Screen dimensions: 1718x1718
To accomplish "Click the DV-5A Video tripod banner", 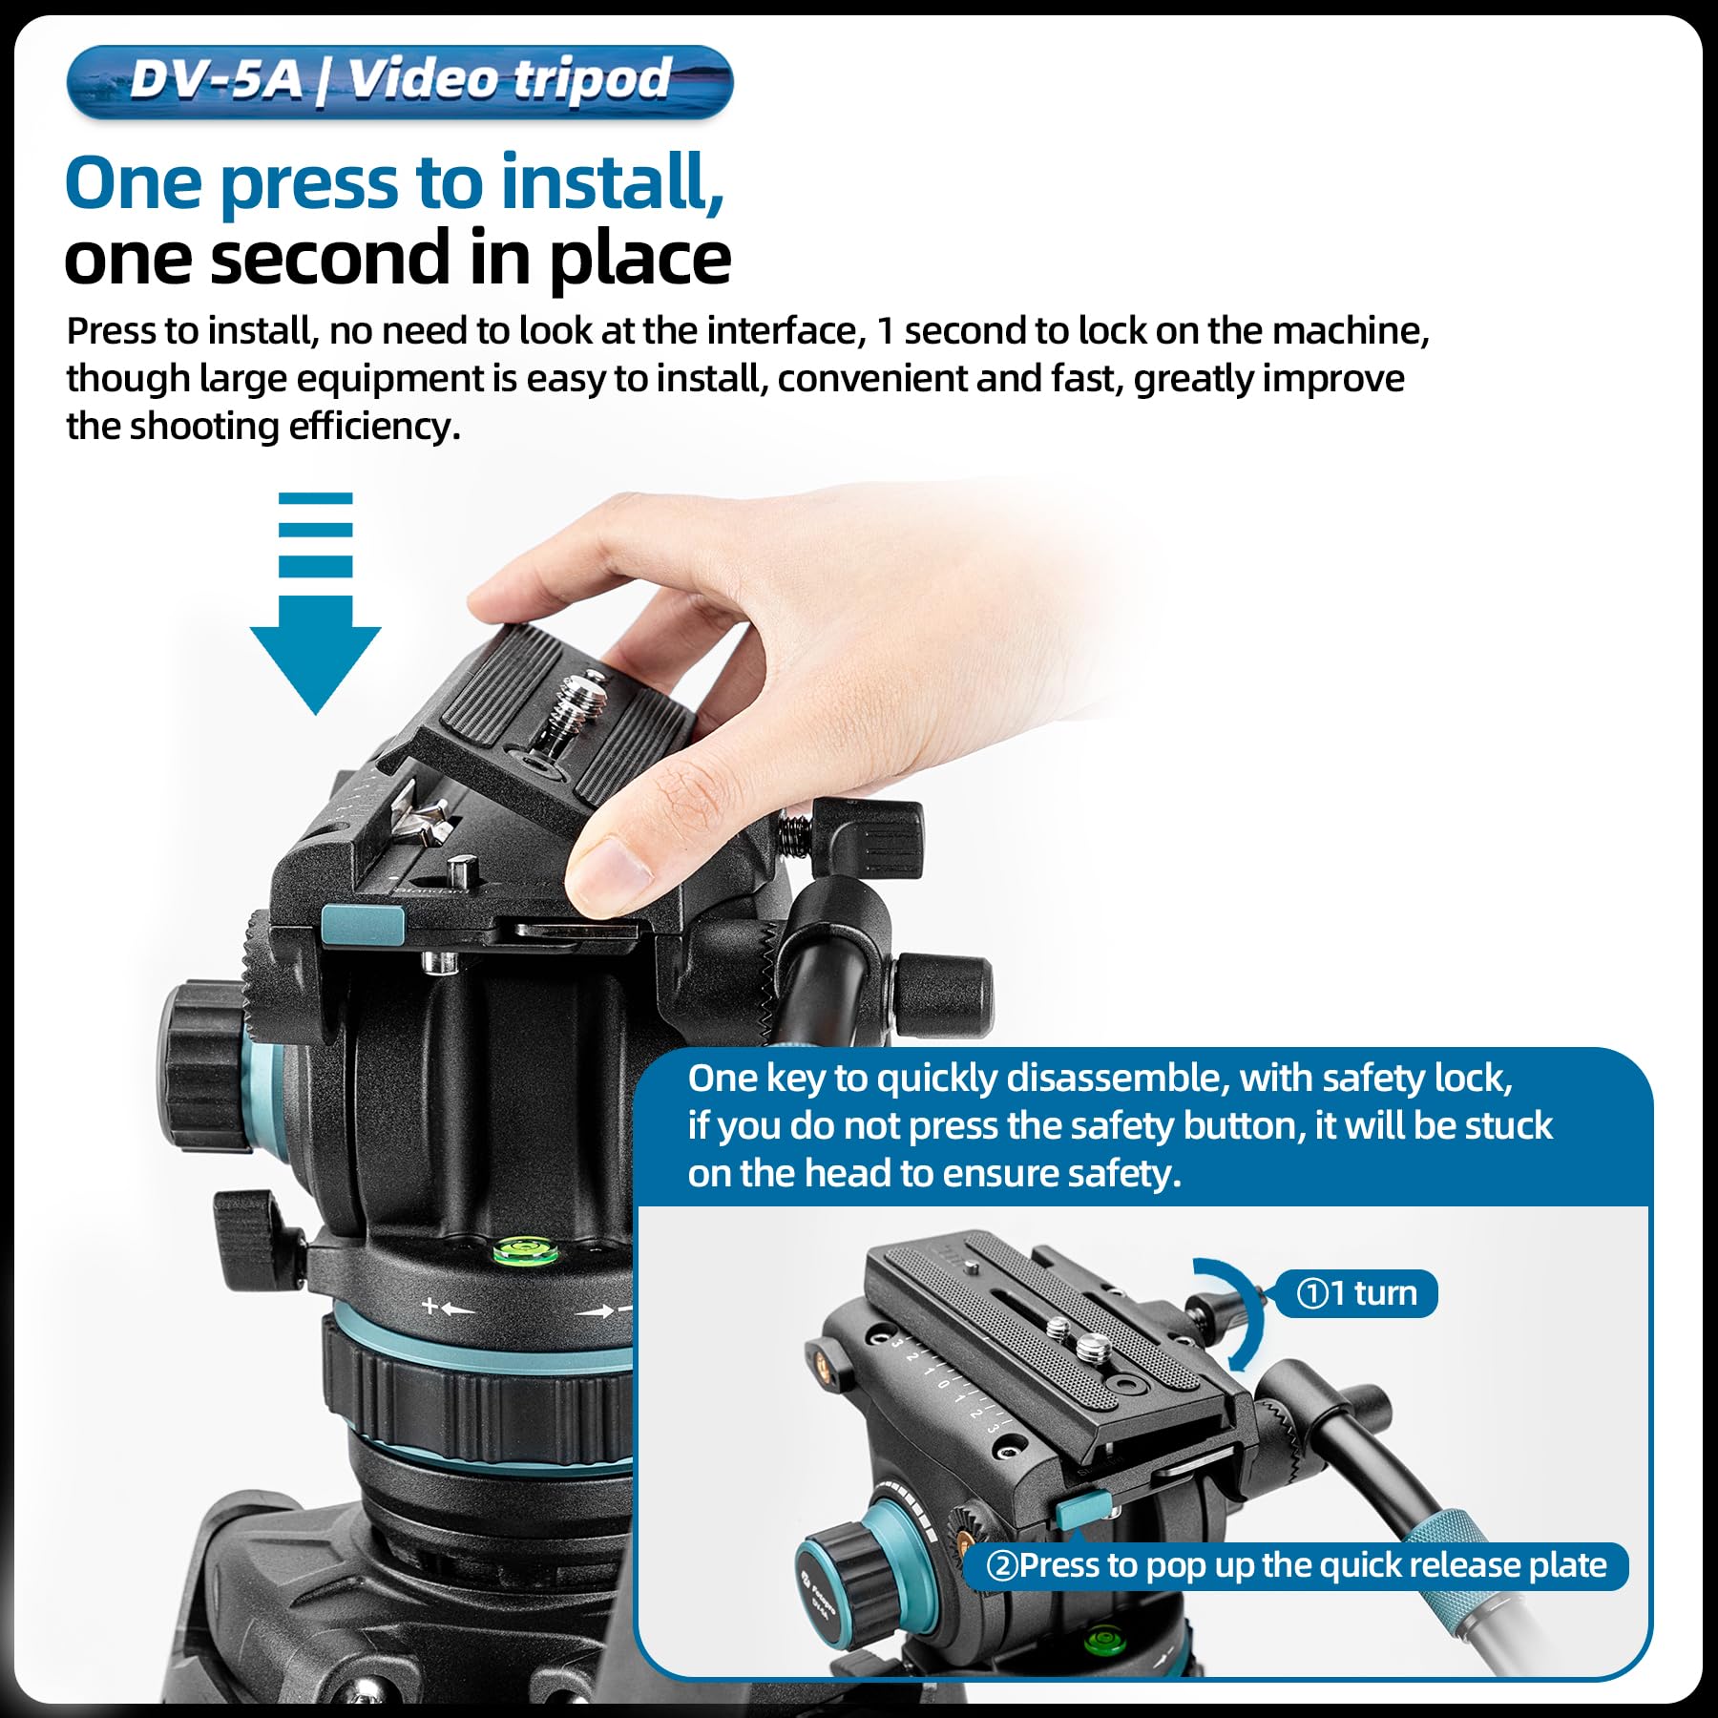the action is coord(400,82).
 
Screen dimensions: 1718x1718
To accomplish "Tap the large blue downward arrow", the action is coord(316,604).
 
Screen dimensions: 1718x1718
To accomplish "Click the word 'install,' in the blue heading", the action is coord(613,183).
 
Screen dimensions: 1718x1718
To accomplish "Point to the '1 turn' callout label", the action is coord(1356,1293).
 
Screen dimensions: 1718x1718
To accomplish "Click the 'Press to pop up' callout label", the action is coord(1296,1566).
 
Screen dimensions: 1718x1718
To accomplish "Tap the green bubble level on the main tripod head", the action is coord(522,1247).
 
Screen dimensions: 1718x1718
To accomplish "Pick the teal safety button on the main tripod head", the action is coord(364,925).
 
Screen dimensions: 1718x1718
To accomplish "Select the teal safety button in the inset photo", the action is coord(1082,1508).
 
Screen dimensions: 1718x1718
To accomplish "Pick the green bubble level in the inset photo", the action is coord(1104,1640).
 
